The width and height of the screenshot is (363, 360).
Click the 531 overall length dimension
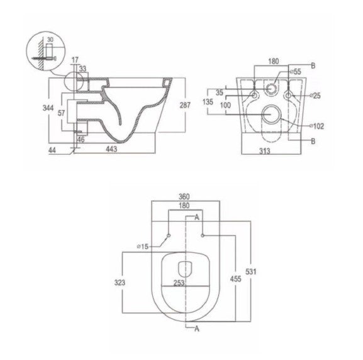[x=251, y=271]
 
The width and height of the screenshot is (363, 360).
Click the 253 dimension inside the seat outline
[x=180, y=284]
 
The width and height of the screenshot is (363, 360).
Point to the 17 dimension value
[x=75, y=59]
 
